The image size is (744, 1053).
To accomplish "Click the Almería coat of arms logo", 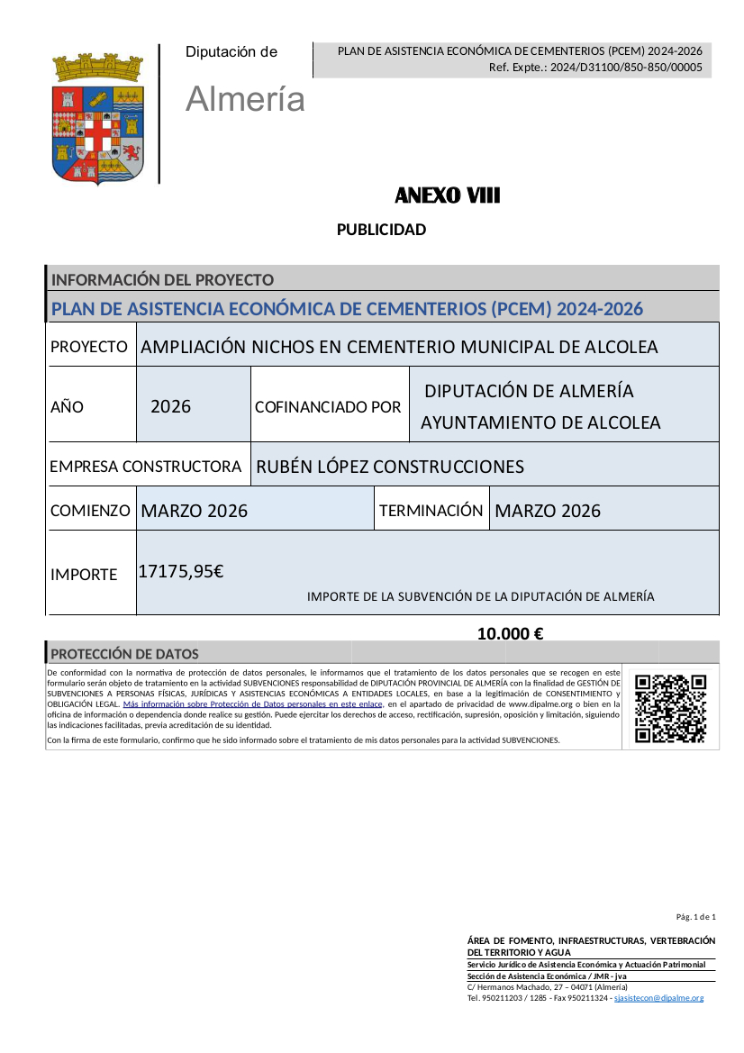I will [x=98, y=117].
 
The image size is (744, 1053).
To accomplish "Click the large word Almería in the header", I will [x=245, y=99].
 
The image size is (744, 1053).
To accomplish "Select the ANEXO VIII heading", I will [x=447, y=195].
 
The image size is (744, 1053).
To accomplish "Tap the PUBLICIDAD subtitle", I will [x=381, y=230].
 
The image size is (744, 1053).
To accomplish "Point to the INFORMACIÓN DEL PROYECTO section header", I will [x=163, y=280].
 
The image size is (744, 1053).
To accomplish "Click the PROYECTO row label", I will [x=89, y=347].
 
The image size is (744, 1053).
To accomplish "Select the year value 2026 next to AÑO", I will [x=171, y=406].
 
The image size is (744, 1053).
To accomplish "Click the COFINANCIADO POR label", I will [x=328, y=407].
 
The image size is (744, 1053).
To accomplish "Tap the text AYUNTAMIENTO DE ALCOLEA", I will [x=540, y=422].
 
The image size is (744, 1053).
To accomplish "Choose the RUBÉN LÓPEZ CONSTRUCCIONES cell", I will [x=390, y=467].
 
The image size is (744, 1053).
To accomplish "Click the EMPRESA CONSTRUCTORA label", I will [x=146, y=467].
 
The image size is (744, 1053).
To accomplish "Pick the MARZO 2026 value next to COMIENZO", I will [x=195, y=511].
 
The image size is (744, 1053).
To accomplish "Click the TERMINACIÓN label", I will [x=431, y=511].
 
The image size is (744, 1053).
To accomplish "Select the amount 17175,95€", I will [x=181, y=570].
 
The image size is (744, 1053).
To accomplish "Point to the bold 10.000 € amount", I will [x=510, y=633].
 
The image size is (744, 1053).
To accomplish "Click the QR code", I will [x=670, y=708].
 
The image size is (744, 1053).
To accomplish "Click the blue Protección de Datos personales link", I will [x=253, y=704].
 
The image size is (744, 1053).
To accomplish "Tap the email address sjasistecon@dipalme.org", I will [x=658, y=998].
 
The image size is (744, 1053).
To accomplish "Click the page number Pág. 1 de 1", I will [x=695, y=917].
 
